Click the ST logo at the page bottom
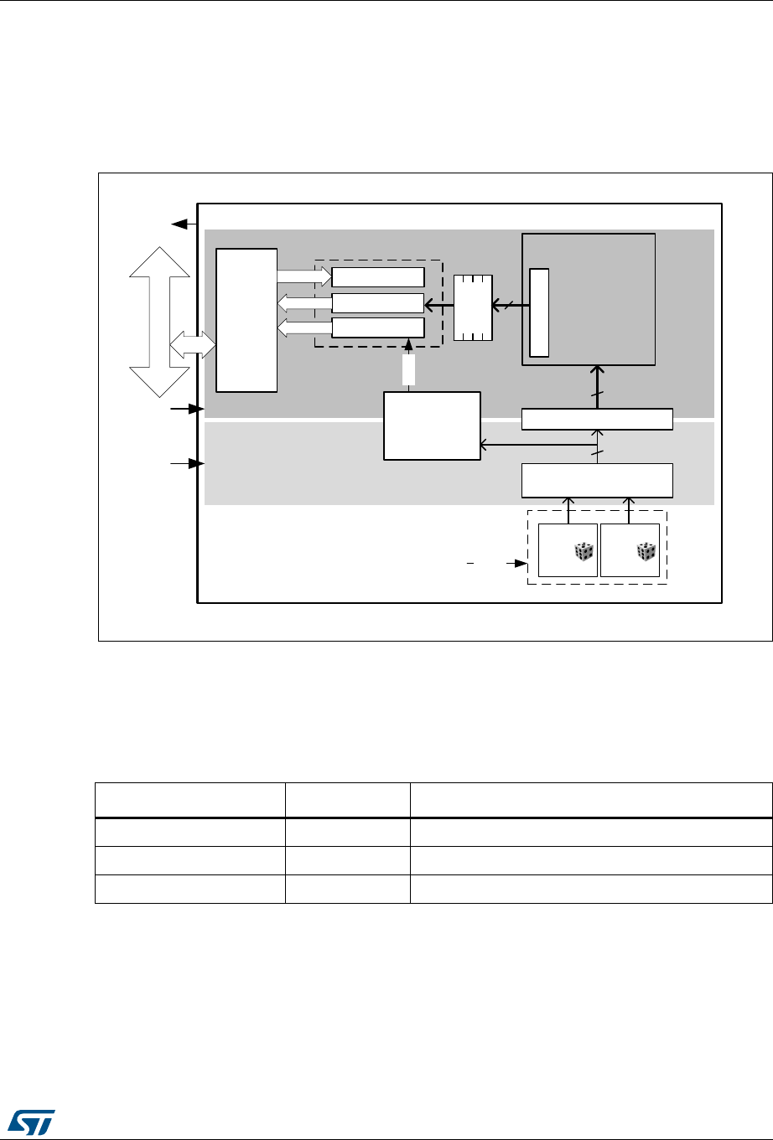29,1118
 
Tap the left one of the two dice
583,551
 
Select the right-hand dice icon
645,551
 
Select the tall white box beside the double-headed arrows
246,319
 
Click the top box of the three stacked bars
377,277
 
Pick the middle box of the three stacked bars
377,302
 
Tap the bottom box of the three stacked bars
377,327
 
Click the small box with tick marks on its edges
473,307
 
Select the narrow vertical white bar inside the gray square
540,312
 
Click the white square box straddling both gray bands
433,425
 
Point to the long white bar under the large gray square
597,419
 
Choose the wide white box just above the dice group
597,479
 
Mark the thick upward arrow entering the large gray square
597,385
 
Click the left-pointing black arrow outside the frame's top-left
181,224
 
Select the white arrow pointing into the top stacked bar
304,277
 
